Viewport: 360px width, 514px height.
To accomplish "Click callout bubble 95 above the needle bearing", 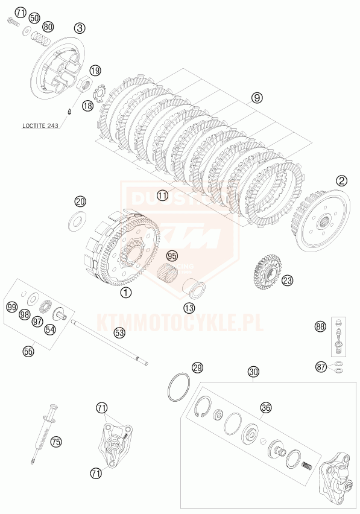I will [173, 256].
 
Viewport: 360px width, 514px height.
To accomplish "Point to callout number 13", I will [189, 308].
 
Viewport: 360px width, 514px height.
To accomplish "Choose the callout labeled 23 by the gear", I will [288, 281].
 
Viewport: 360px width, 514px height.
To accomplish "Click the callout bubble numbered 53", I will [120, 332].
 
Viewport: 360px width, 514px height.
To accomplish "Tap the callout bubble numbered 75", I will [55, 442].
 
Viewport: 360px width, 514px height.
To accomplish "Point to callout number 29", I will [198, 367].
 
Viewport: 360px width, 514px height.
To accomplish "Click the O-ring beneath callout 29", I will [178, 387].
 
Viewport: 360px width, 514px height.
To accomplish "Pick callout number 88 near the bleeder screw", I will [320, 327].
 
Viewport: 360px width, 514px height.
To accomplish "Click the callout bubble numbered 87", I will [320, 366].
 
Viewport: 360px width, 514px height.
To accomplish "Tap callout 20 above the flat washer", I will [80, 201].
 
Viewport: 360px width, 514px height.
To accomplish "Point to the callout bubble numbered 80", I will [48, 27].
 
